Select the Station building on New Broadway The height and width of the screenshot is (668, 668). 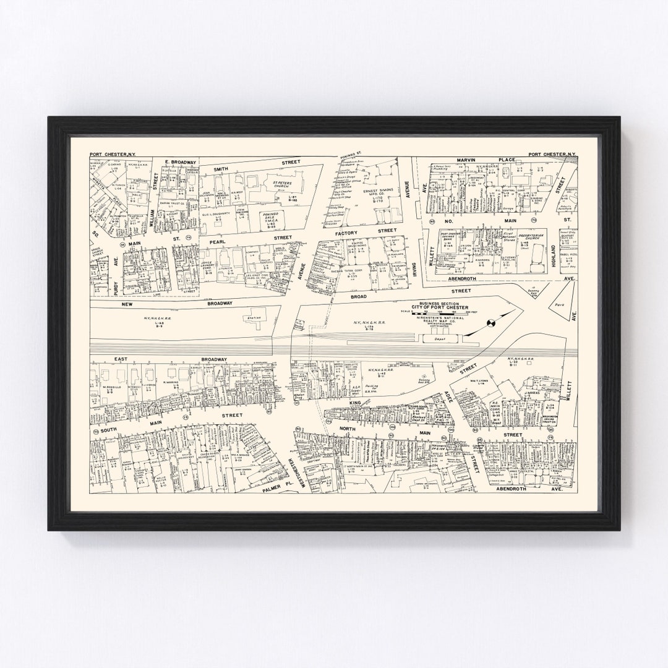254,317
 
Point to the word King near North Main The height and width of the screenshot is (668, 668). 354,403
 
